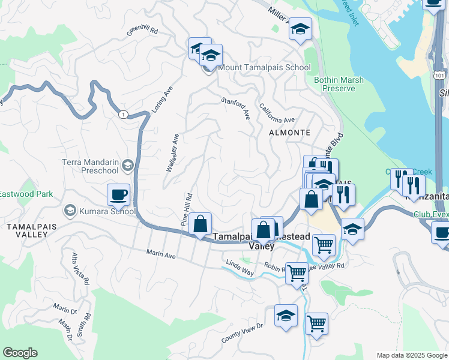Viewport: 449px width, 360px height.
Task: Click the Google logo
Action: pyautogui.click(x=20, y=353)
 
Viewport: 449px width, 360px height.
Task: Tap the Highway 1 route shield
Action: pyautogui.click(x=123, y=114)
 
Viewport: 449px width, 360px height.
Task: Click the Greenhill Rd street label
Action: pyautogui.click(x=142, y=31)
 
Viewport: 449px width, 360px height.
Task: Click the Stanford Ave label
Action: pyautogui.click(x=235, y=108)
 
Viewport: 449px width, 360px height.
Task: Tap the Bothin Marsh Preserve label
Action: pyautogui.click(x=334, y=83)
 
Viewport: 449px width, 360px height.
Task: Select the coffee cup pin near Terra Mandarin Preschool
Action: pyautogui.click(x=118, y=194)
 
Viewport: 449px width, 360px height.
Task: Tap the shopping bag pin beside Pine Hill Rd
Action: pyautogui.click(x=200, y=224)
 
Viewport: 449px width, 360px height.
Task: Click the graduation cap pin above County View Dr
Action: pyautogui.click(x=286, y=316)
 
